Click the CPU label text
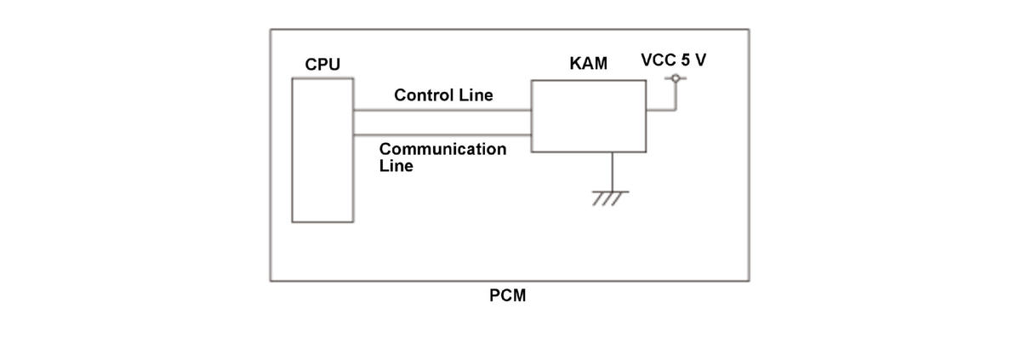pos(322,64)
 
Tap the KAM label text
pos(588,63)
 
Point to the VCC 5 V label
pos(673,60)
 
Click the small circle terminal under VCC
pos(676,78)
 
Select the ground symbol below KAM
pos(610,198)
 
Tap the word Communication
pos(442,149)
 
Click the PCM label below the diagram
pos(507,295)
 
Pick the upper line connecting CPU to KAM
pos(442,110)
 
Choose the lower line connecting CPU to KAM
pos(442,134)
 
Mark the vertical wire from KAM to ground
pos(612,172)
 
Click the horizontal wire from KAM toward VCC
pos(661,110)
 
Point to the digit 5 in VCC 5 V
pos(686,60)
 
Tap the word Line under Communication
pos(396,165)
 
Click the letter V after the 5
pos(700,60)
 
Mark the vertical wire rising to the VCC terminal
pos(676,96)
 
